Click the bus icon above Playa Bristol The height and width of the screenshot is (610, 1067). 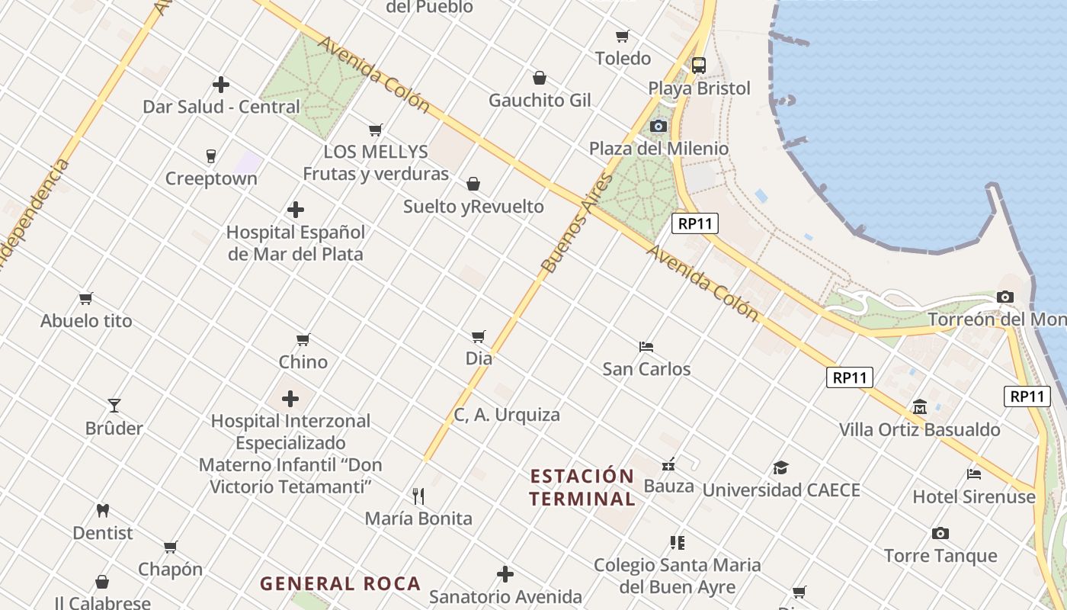pos(699,66)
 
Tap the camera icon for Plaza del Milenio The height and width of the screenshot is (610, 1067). pos(658,126)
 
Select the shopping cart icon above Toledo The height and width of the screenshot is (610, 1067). pos(623,36)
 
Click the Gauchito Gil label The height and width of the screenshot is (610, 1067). pos(540,101)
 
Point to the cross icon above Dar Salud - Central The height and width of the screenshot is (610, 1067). pos(221,85)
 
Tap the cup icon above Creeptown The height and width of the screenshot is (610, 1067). pos(211,156)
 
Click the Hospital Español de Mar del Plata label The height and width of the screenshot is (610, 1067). pos(296,242)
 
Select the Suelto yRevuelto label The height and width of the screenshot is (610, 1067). pos(473,207)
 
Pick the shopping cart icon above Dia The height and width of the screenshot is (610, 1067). pos(479,336)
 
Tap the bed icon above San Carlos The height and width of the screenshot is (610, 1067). pos(646,347)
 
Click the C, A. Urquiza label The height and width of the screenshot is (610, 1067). pos(507,415)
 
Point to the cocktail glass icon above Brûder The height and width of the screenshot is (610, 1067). pos(114,405)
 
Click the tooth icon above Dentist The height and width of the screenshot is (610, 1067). pos(103,510)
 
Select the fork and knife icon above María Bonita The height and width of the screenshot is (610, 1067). pos(418,496)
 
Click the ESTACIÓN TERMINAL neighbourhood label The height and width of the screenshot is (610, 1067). pos(582,488)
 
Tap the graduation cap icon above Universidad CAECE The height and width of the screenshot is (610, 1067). pos(780,467)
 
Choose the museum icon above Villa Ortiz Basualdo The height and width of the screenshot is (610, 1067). pos(919,406)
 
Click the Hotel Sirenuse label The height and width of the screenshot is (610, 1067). pos(974,497)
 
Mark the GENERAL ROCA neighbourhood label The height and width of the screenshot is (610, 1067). pos(340,584)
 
